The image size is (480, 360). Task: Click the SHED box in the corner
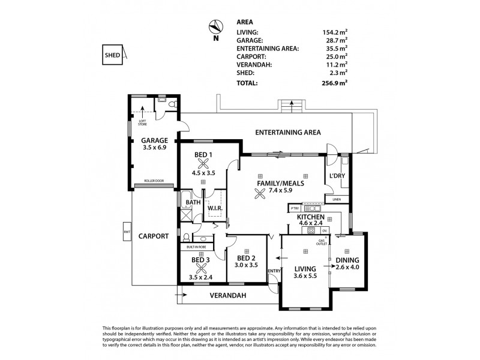[x=113, y=54]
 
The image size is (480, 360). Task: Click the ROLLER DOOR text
[x=154, y=181]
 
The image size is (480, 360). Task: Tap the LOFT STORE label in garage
[x=142, y=125]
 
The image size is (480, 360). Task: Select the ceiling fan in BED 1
[x=204, y=163]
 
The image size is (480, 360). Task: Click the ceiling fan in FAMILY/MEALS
[x=259, y=193]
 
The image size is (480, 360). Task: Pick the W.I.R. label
[x=215, y=209]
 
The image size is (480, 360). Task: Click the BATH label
[x=193, y=203]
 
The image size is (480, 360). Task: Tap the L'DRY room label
[x=336, y=176]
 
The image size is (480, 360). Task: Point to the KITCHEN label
[x=311, y=217]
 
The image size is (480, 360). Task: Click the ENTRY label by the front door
[x=274, y=271]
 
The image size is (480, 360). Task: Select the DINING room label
[x=347, y=260]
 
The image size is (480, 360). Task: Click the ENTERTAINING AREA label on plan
[x=288, y=132]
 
